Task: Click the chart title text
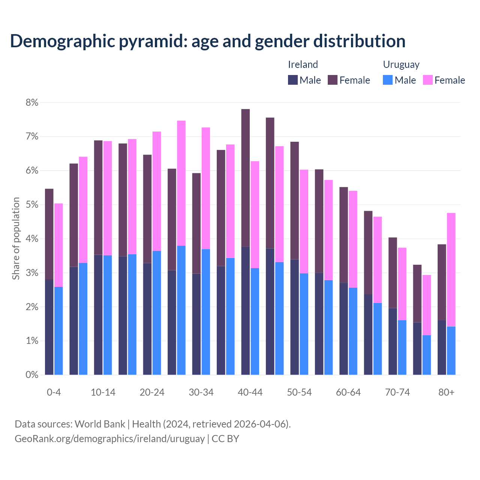(x=207, y=41)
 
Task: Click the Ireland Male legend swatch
(x=293, y=80)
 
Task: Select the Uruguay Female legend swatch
(x=427, y=80)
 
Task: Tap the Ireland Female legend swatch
(x=333, y=80)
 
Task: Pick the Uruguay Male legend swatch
(x=388, y=80)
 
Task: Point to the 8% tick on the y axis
(x=32, y=102)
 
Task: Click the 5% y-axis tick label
(x=32, y=205)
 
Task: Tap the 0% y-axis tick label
(x=32, y=375)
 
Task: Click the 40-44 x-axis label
(x=250, y=393)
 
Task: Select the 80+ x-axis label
(x=446, y=393)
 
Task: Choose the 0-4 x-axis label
(x=54, y=393)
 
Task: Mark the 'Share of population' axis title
(x=16, y=238)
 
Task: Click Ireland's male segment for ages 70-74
(x=393, y=341)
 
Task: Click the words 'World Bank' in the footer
(x=100, y=424)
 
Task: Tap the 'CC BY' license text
(x=225, y=439)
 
